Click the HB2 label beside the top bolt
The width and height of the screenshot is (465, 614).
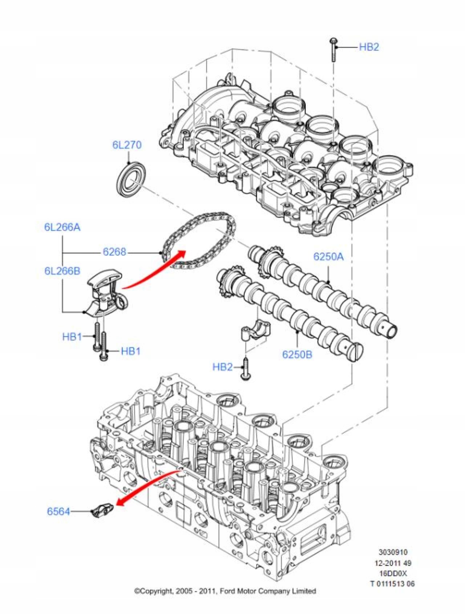pyautogui.click(x=369, y=47)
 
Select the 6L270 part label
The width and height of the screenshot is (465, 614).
pyautogui.click(x=127, y=145)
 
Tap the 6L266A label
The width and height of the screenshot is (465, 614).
pyautogui.click(x=62, y=227)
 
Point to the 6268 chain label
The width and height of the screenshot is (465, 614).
pyautogui.click(x=114, y=252)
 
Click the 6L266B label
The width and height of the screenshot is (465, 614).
pyautogui.click(x=62, y=271)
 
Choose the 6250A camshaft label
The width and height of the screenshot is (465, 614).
pyautogui.click(x=328, y=257)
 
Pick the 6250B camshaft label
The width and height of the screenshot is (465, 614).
pyautogui.click(x=297, y=354)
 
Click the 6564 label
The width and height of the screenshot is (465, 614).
pyautogui.click(x=58, y=511)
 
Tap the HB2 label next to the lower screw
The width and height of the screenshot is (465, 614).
pyautogui.click(x=222, y=367)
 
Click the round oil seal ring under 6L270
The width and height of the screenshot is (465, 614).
pyautogui.click(x=132, y=180)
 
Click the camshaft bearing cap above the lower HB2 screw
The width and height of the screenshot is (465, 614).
pyautogui.click(x=255, y=329)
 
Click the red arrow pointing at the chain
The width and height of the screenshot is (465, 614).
pyautogui.click(x=154, y=269)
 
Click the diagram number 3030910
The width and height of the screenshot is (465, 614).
pyautogui.click(x=393, y=552)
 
